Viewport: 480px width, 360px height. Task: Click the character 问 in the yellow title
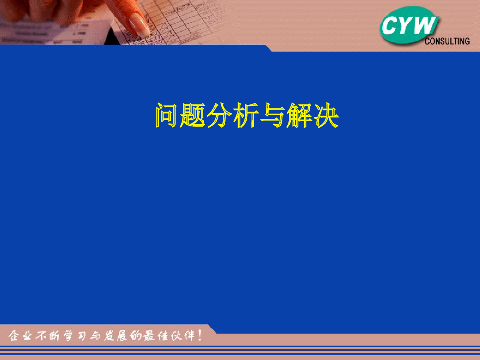pyautogui.click(x=166, y=115)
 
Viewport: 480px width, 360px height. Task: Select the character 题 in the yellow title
pyautogui.click(x=193, y=115)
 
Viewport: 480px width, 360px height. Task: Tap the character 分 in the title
pyautogui.click(x=219, y=115)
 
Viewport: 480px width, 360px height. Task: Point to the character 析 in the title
pyautogui.click(x=246, y=115)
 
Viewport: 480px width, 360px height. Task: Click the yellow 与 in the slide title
pyautogui.click(x=272, y=115)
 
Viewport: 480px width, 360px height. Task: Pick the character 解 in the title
pyautogui.click(x=299, y=115)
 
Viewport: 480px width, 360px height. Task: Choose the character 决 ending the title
pyautogui.click(x=326, y=115)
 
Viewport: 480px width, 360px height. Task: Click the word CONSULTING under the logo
pyautogui.click(x=447, y=41)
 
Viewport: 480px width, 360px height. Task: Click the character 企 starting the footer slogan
pyautogui.click(x=13, y=336)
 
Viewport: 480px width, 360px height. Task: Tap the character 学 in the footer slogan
pyautogui.click(x=68, y=336)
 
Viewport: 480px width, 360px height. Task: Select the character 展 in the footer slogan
pyautogui.click(x=122, y=336)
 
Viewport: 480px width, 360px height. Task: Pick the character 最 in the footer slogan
pyautogui.click(x=149, y=336)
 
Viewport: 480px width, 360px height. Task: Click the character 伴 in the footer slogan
pyautogui.click(x=189, y=336)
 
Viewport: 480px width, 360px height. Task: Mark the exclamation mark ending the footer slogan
pyautogui.click(x=200, y=335)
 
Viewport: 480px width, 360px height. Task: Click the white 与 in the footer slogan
pyautogui.click(x=95, y=336)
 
